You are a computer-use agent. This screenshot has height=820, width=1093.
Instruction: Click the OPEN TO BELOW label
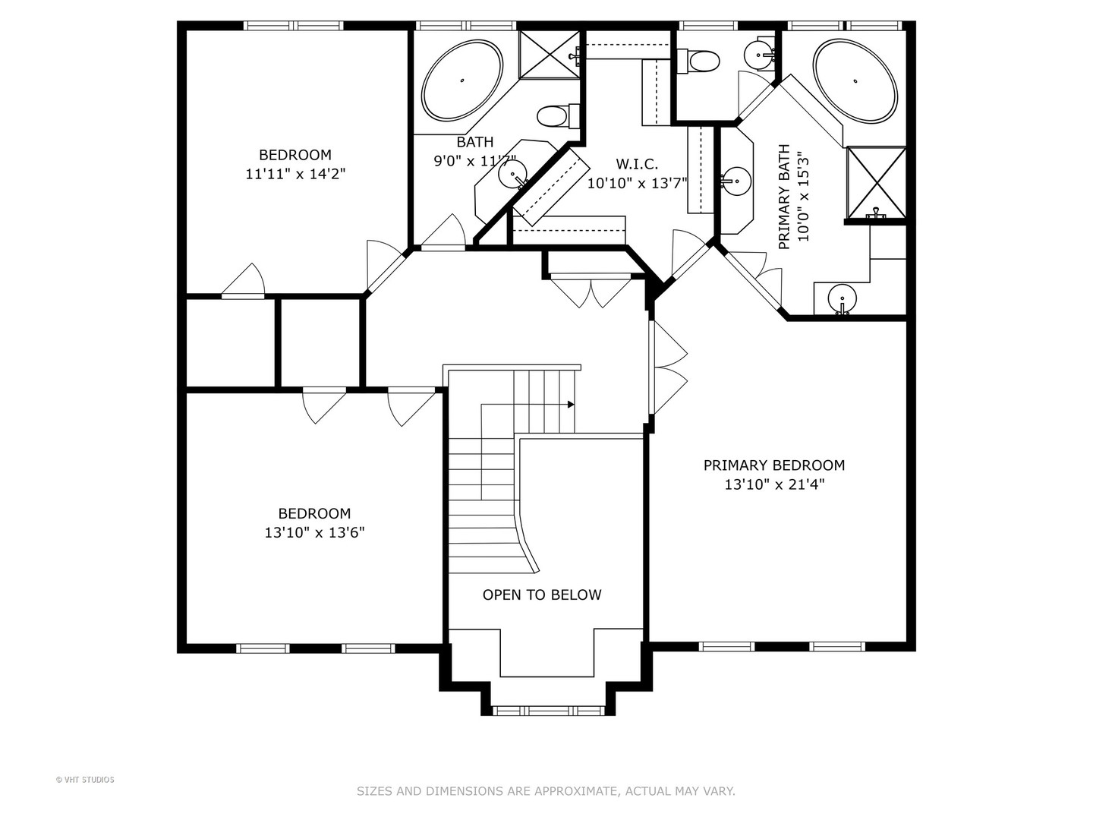coord(542,594)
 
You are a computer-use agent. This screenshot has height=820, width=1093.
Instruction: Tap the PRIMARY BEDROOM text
coord(773,465)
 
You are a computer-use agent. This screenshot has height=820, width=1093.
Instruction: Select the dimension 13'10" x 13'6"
coord(314,533)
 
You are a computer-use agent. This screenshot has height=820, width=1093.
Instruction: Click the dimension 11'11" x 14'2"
coord(295,174)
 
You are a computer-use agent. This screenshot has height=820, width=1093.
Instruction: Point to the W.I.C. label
coord(636,164)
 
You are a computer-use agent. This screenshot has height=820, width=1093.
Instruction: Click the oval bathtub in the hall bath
coord(461,80)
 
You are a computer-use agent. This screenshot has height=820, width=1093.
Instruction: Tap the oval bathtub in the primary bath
coord(855,80)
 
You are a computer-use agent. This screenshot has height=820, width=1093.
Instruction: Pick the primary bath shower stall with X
coord(876,181)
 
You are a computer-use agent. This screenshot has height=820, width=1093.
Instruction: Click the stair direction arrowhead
coord(570,405)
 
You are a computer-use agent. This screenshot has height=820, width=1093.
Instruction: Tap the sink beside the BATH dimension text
coord(512,175)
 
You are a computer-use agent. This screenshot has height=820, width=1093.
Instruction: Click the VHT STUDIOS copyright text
coord(85,779)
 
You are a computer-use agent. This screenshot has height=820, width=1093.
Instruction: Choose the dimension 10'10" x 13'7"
coord(637,183)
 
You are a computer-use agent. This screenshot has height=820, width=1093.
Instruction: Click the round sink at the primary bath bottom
coord(841,297)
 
